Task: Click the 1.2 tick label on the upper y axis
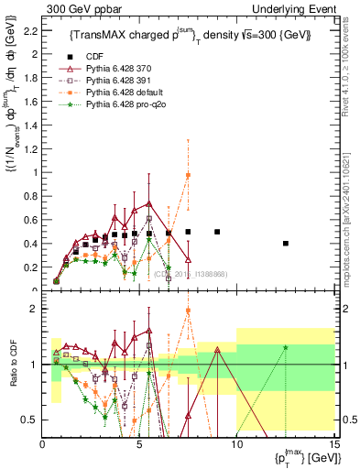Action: click(31, 148)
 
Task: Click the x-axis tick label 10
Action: click(236, 445)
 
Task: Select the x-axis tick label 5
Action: click(139, 445)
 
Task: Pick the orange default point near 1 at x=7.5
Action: click(188, 175)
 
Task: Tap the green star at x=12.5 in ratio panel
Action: click(285, 347)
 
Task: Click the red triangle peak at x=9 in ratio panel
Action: click(217, 349)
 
